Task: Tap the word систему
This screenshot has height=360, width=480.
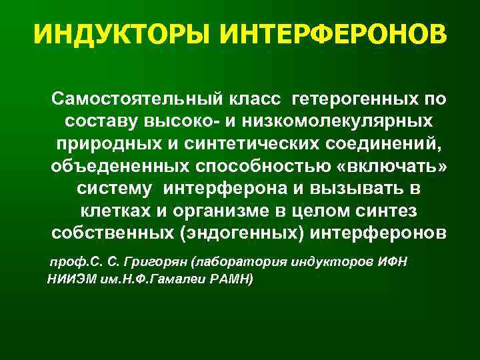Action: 111,190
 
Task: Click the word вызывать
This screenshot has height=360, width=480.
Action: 355,190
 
